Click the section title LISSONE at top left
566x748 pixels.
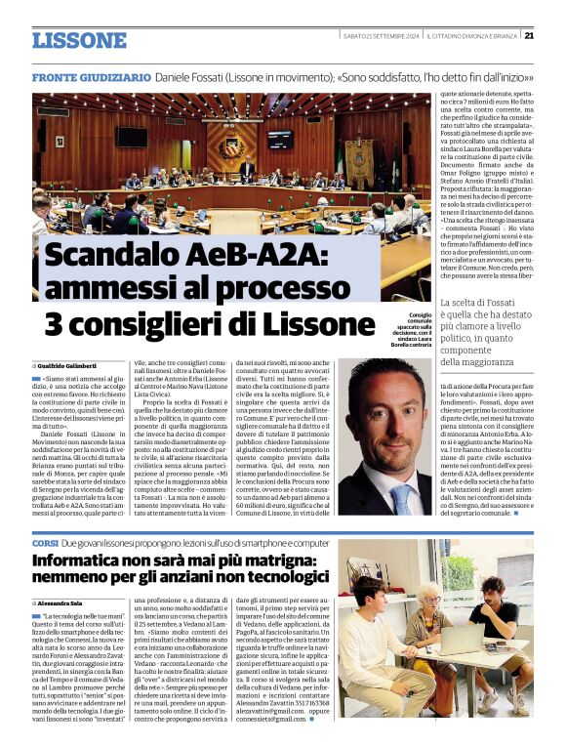(x=79, y=41)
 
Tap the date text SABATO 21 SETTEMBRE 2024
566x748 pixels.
(x=381, y=36)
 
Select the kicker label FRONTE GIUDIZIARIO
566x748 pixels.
(x=91, y=76)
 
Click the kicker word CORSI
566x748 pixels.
(x=44, y=541)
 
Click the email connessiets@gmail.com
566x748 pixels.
(x=362, y=718)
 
